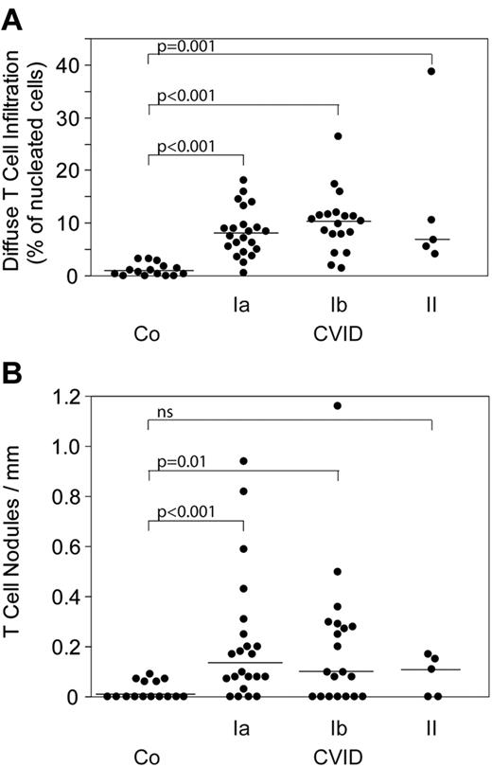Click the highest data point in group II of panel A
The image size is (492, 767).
431,72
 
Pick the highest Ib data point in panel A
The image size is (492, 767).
338,136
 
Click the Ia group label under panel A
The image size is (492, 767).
243,306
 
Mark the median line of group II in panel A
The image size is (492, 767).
431,240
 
